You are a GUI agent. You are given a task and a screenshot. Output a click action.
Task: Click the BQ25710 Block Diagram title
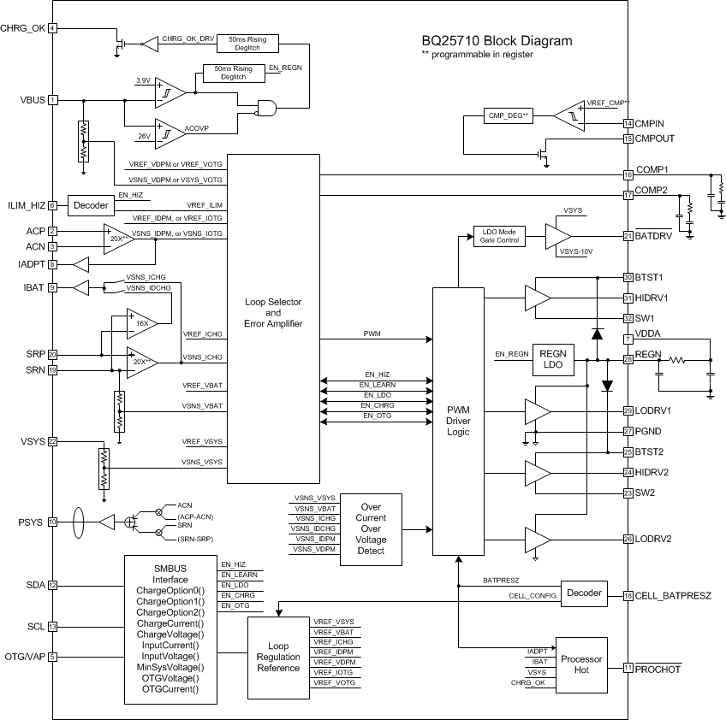click(497, 40)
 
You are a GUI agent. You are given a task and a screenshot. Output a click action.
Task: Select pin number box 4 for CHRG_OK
click(53, 28)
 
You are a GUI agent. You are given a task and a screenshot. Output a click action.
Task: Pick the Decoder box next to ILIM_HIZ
click(91, 205)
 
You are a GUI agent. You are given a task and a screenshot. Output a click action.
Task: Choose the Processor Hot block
click(581, 665)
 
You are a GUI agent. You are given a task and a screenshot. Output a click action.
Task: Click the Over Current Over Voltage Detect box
click(371, 528)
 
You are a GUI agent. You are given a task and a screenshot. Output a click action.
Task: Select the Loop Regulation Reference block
click(279, 656)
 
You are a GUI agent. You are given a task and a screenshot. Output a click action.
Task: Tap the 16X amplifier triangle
click(142, 324)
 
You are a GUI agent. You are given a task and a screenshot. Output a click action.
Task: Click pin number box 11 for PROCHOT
click(628, 669)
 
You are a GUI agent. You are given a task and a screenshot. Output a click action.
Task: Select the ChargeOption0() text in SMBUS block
click(170, 591)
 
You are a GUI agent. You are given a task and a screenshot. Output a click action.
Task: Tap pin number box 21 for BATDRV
click(628, 236)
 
